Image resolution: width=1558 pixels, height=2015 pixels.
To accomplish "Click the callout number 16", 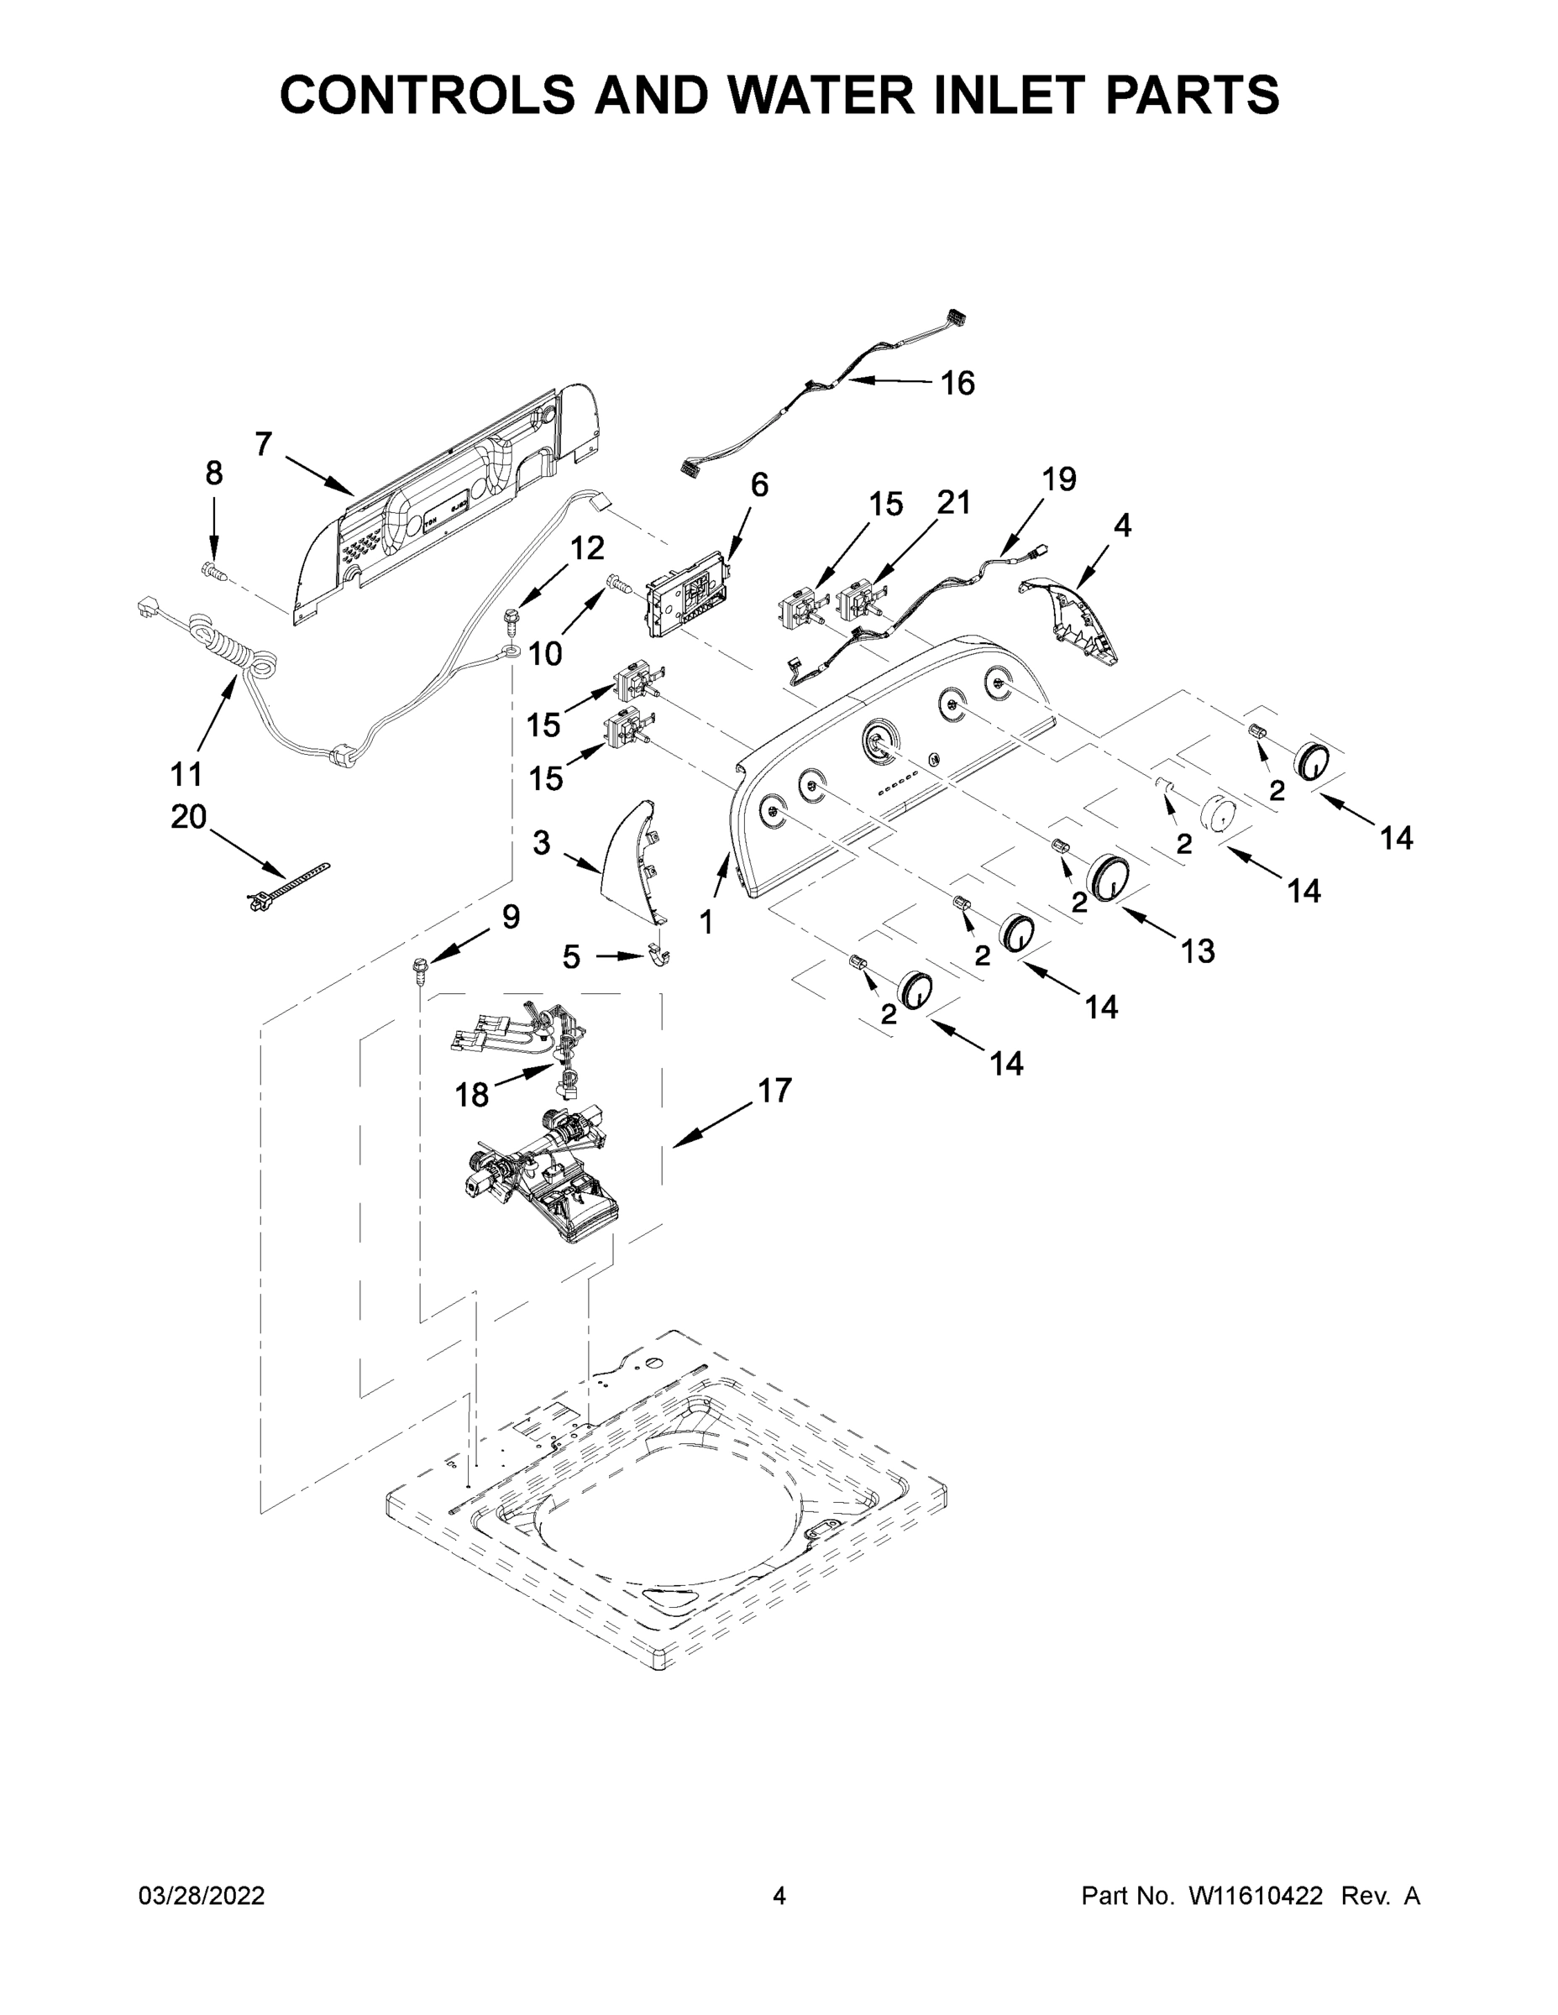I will [x=957, y=383].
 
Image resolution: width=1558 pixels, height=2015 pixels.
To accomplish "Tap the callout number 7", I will [x=263, y=445].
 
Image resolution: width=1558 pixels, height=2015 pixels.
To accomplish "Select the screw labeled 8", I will [x=213, y=572].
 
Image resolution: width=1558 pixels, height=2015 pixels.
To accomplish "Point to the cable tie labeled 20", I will [x=287, y=886].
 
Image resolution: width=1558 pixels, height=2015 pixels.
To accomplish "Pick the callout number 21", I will [x=953, y=503].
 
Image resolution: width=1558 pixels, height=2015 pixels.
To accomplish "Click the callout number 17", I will [x=774, y=1091].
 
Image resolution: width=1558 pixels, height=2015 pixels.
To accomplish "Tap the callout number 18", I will [x=472, y=1095].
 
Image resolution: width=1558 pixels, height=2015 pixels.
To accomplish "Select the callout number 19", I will [x=1058, y=479].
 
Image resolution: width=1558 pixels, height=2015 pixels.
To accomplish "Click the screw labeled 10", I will [x=616, y=582].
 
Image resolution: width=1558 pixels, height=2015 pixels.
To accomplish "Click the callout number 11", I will [x=186, y=773].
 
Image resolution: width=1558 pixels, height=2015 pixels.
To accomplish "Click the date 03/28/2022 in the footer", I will [x=202, y=1896].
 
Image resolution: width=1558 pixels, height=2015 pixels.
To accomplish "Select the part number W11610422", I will [x=1256, y=1896].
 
